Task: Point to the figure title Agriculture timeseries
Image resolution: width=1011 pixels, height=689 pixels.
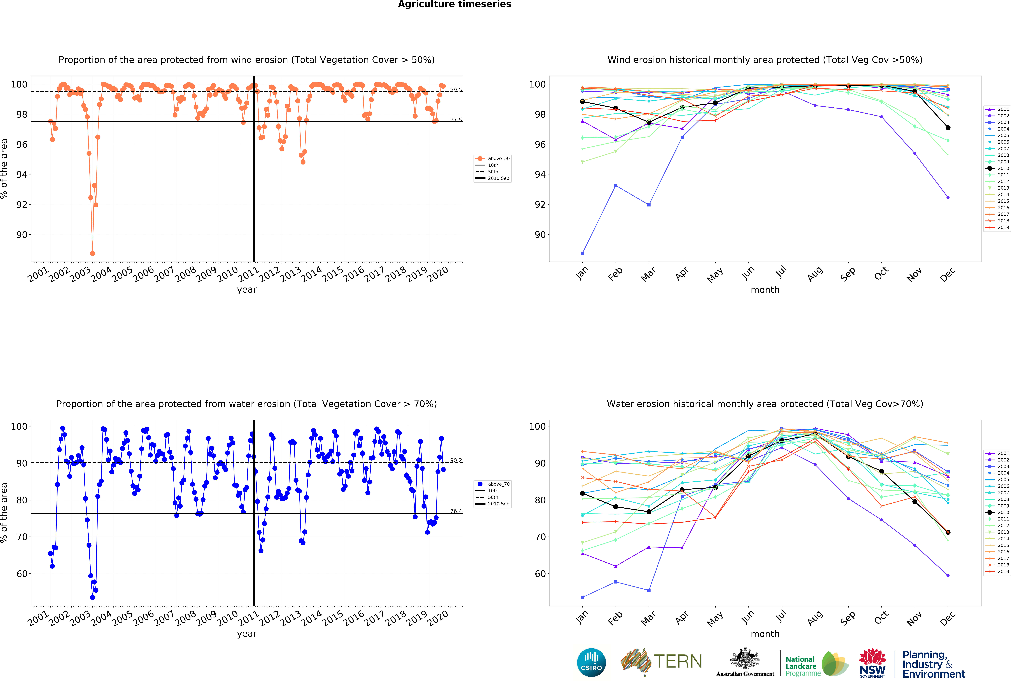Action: pos(454,4)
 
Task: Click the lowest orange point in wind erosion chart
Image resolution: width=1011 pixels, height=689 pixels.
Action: pos(92,253)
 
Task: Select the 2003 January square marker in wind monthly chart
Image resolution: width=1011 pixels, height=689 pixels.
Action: pos(582,253)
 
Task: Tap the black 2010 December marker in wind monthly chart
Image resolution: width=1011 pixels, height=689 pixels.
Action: pos(948,127)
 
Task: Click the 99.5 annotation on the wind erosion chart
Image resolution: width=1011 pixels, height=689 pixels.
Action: pos(456,90)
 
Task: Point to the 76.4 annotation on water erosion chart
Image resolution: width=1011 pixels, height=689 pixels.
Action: pos(456,511)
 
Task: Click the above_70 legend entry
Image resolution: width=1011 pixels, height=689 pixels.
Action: pos(493,484)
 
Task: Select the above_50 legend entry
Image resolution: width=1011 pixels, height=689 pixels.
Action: pos(493,158)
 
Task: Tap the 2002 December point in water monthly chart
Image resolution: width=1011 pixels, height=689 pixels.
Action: pos(948,576)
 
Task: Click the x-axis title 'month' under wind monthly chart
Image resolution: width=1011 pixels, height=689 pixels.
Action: pos(765,290)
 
